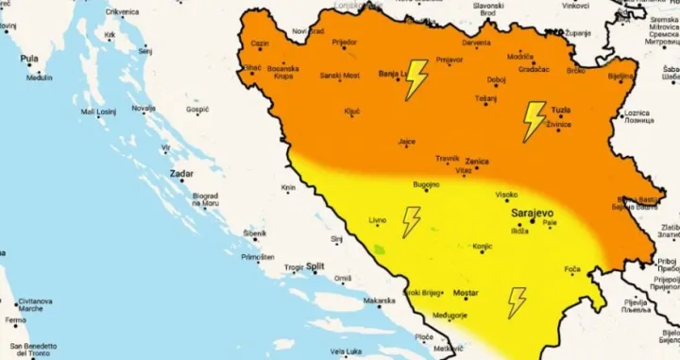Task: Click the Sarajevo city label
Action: [531, 213]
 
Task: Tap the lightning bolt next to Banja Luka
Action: [416, 80]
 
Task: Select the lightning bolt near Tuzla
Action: [535, 121]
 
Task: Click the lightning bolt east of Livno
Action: [411, 222]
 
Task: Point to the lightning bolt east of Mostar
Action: [517, 302]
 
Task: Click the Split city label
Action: [315, 267]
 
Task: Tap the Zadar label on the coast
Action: [181, 174]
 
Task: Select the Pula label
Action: [30, 59]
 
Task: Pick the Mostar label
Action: [466, 294]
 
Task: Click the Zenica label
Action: [476, 162]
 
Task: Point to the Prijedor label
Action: [344, 43]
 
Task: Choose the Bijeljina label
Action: [620, 76]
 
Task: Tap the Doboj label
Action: [497, 79]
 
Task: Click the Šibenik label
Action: [255, 232]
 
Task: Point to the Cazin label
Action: [260, 43]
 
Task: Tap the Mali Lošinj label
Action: [98, 111]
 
